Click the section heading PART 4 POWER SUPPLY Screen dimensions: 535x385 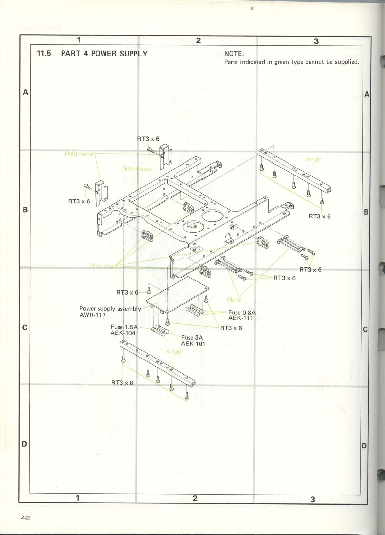pos(104,53)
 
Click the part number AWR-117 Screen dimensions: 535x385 pos(92,315)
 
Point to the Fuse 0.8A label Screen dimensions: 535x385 pos(242,312)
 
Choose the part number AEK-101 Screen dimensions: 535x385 pos(193,344)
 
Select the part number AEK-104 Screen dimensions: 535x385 pos(123,333)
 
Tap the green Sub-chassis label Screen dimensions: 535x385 pos(137,168)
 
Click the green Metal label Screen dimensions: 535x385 pos(234,300)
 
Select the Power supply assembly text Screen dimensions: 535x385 pos(110,309)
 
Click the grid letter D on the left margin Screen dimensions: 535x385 pos(24,444)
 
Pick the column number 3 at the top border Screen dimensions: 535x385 pos(316,41)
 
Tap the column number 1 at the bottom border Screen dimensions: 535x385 pos(78,498)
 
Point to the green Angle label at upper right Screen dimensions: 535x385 pos(313,159)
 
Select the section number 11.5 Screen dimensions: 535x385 pos(44,53)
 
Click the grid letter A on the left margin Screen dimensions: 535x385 pos(25,92)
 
